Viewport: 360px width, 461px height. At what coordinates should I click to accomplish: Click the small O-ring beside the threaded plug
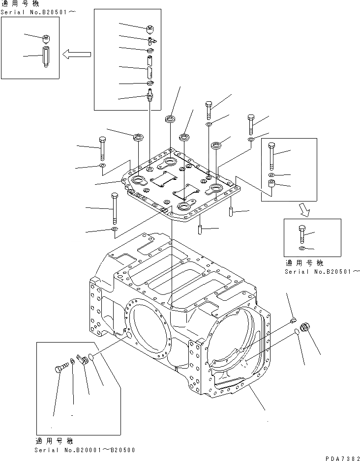(x=298, y=333)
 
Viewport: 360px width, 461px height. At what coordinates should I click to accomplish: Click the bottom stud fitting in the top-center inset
(x=150, y=94)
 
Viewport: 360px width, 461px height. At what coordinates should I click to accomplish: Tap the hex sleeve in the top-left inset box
(x=45, y=56)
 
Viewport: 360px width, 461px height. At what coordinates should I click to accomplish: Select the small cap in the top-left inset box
(x=46, y=37)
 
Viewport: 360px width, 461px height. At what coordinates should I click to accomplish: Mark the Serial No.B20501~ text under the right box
(x=323, y=271)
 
